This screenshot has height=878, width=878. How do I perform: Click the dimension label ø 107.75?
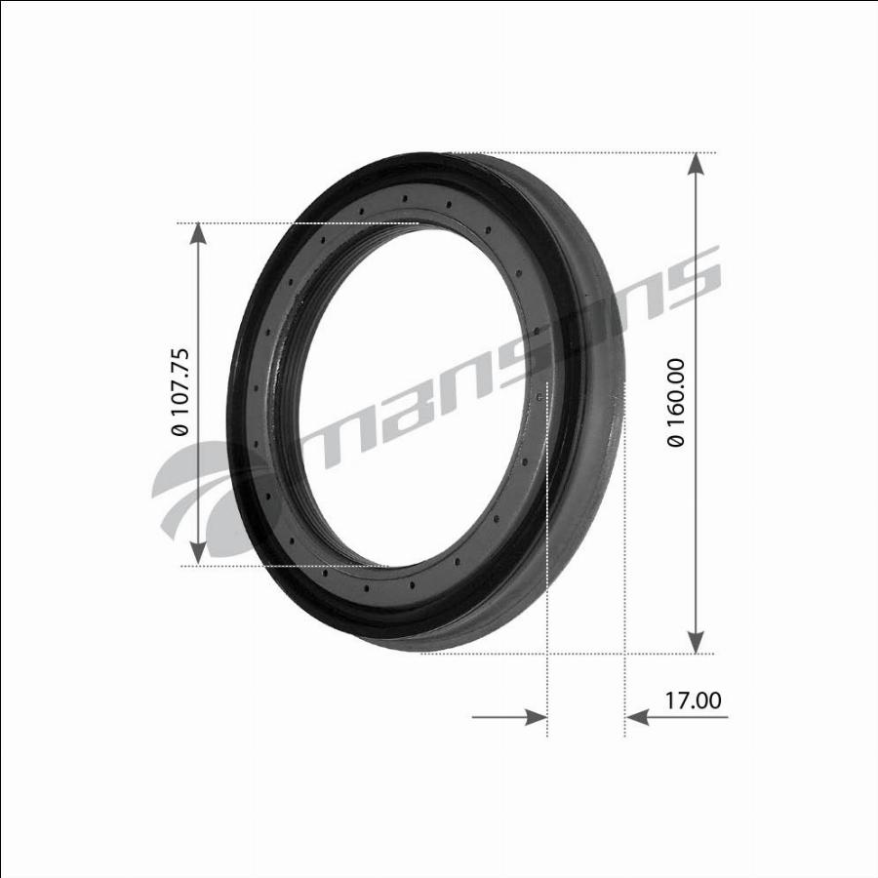tap(180, 392)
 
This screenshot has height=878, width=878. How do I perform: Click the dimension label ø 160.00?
tap(676, 403)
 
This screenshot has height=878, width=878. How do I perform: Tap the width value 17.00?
tap(694, 700)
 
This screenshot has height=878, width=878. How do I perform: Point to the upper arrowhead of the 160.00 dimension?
tap(696, 165)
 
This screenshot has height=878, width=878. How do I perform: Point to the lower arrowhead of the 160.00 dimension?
tap(696, 641)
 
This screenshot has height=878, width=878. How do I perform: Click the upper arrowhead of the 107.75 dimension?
tap(198, 234)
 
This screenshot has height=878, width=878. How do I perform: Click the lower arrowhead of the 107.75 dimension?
tap(198, 553)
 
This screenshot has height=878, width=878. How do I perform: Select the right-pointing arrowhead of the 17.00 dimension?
tap(536, 717)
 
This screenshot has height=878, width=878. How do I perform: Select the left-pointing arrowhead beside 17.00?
tap(637, 717)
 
